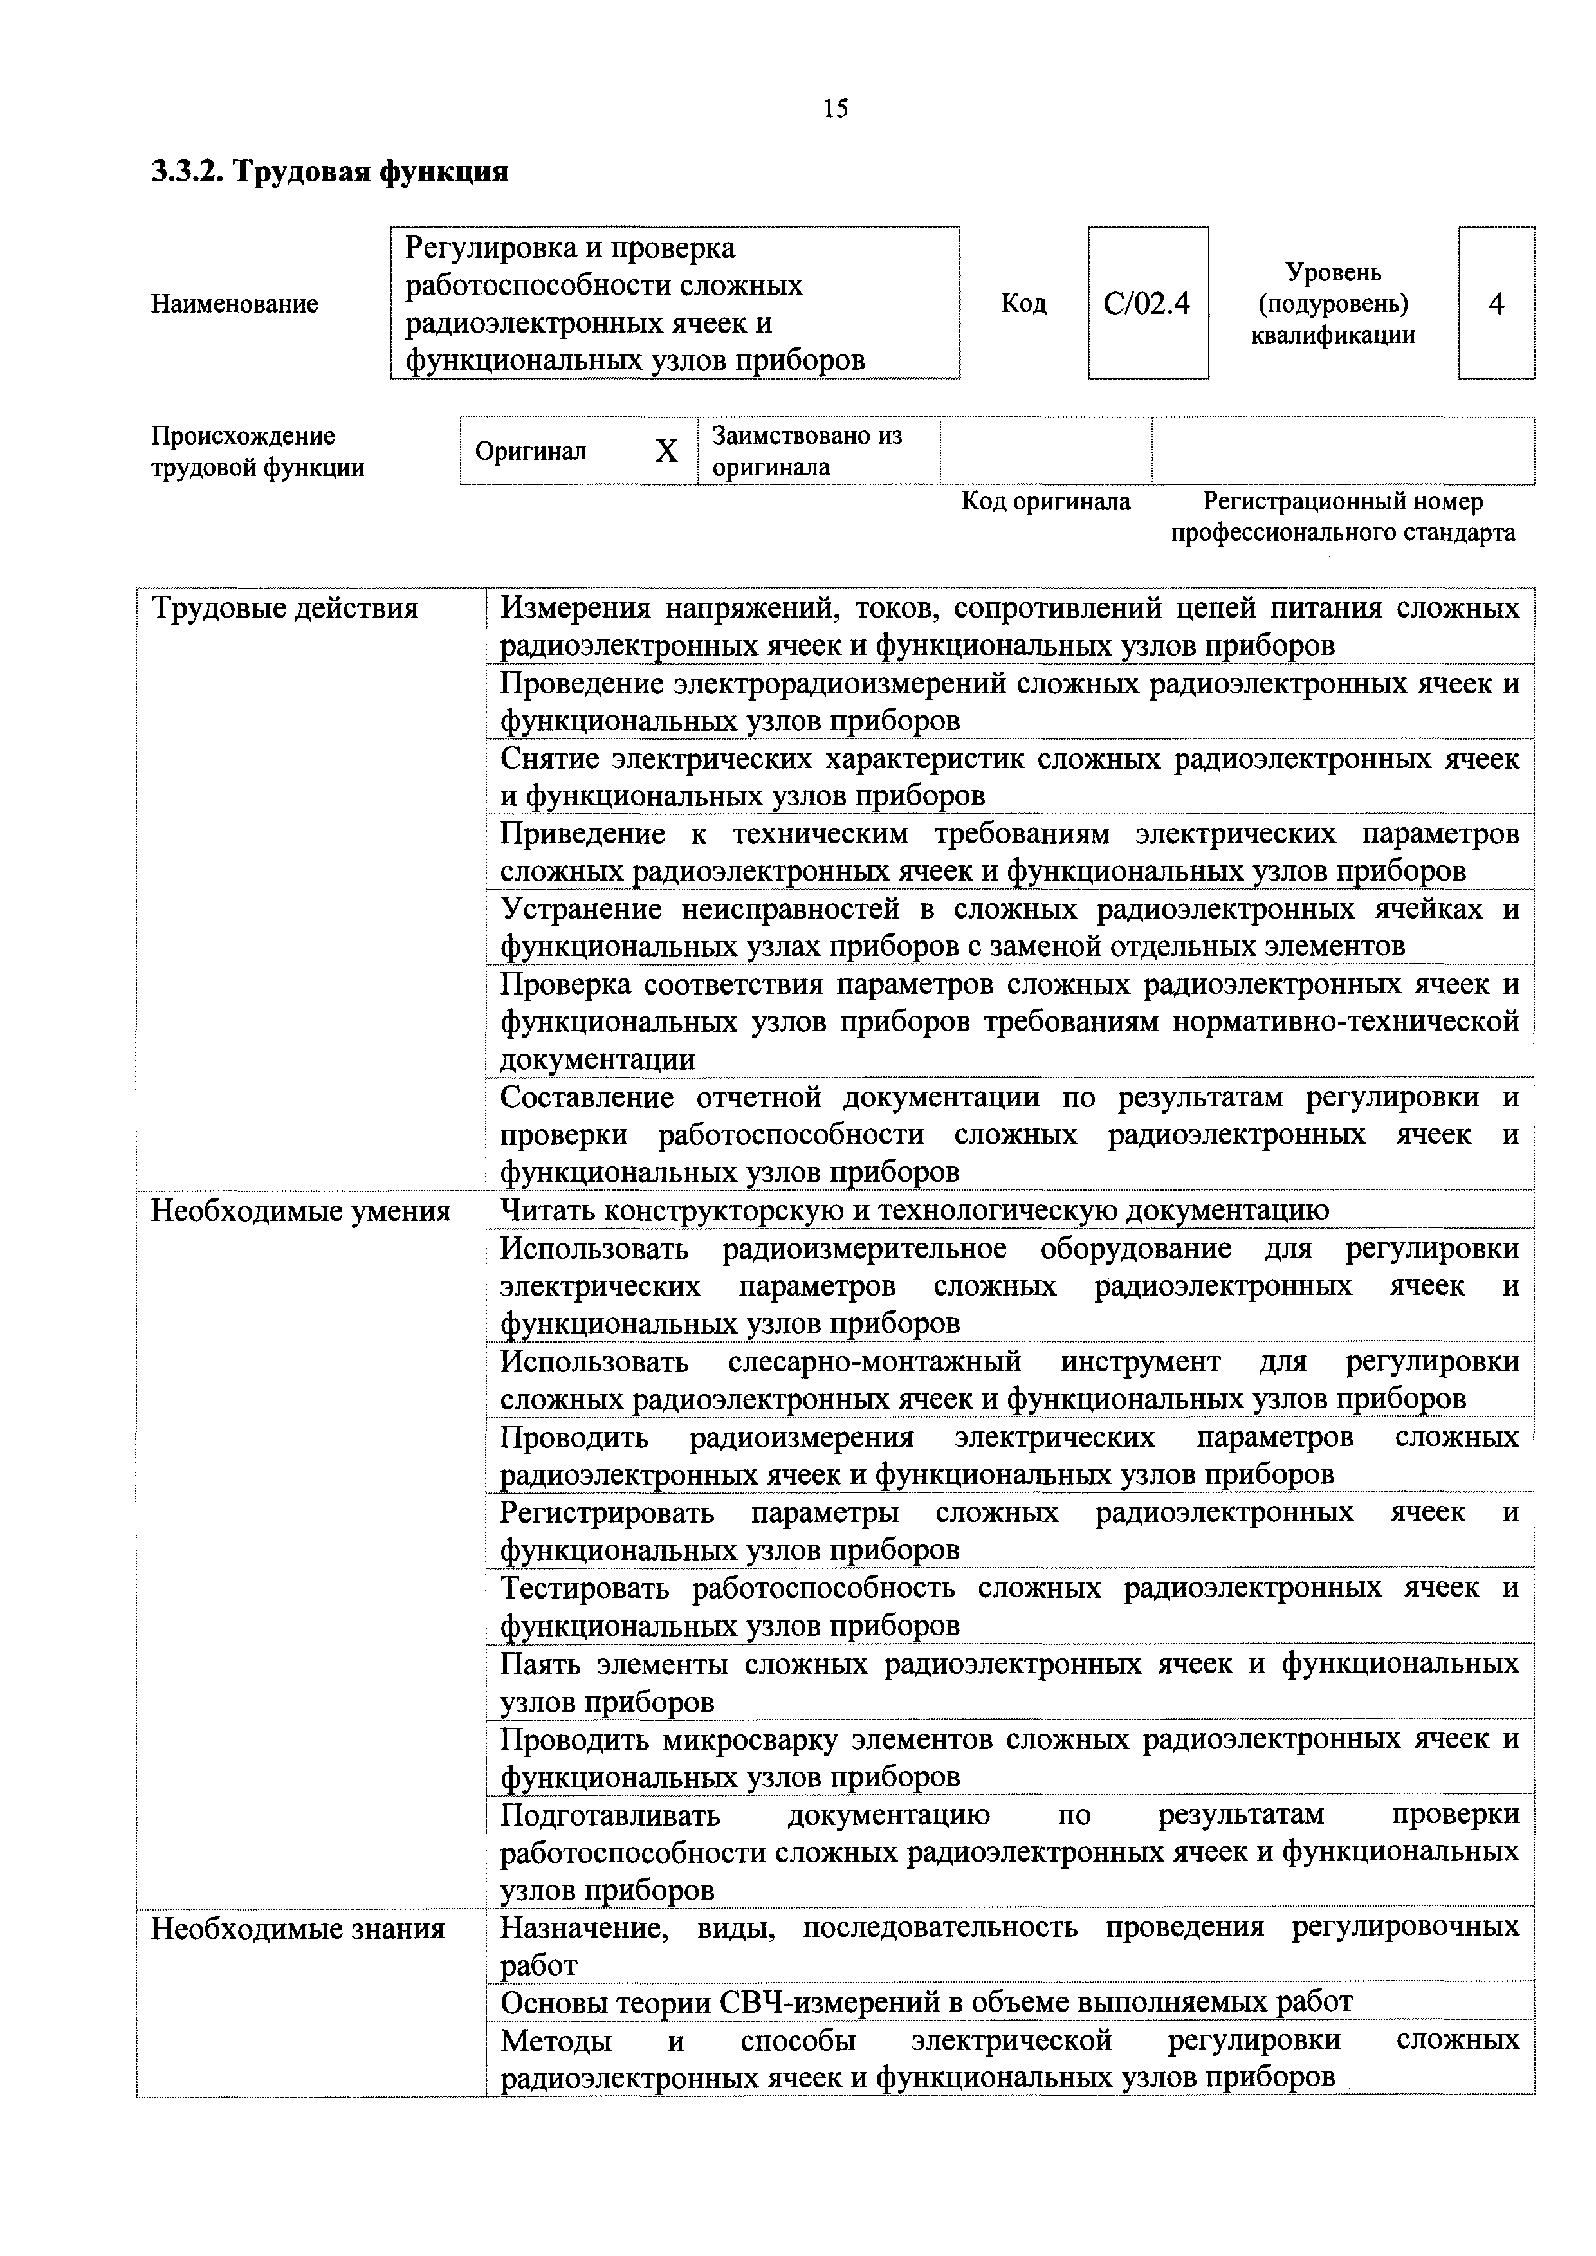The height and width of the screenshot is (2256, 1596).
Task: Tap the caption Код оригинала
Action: [1045, 502]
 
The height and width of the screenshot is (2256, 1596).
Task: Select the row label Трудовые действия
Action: [284, 609]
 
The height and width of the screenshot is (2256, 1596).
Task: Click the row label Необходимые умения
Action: [300, 1211]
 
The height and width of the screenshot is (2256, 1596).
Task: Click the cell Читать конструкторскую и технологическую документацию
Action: [914, 1211]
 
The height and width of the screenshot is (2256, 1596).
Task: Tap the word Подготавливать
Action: [609, 1814]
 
